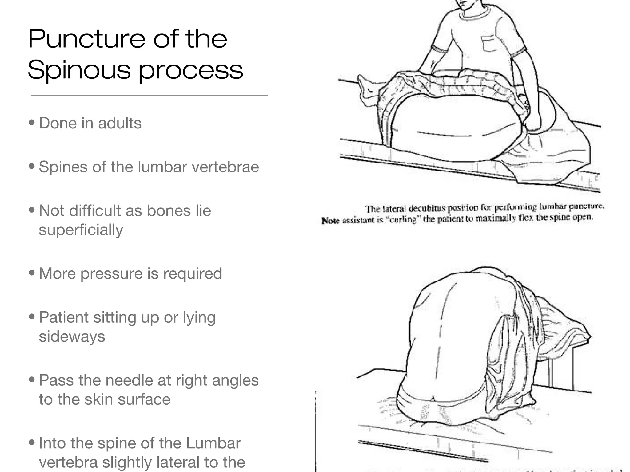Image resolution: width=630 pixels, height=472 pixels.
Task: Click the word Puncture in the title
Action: pyautogui.click(x=86, y=39)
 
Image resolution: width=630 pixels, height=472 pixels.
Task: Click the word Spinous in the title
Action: pyautogui.click(x=79, y=70)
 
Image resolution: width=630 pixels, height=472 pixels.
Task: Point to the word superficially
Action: pyautogui.click(x=81, y=230)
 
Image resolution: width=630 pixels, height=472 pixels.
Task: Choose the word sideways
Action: pyautogui.click(x=72, y=336)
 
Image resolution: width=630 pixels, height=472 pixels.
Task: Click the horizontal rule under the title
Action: pyautogui.click(x=149, y=96)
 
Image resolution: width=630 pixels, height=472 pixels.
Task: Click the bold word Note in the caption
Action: pyautogui.click(x=330, y=221)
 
